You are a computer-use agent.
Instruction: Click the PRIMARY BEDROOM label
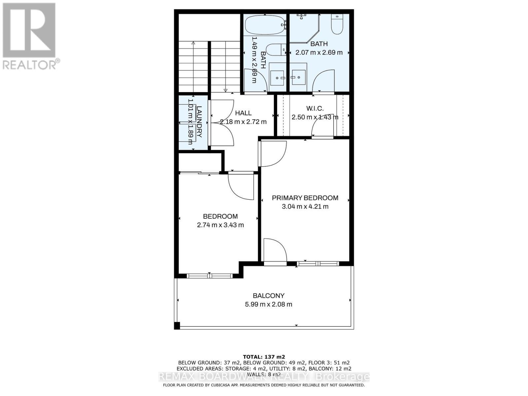coord(305,198)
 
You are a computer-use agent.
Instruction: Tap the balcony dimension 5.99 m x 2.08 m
coord(268,304)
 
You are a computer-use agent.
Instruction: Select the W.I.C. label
coord(315,108)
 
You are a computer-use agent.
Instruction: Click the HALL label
coord(243,113)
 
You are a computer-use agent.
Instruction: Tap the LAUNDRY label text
coord(199,121)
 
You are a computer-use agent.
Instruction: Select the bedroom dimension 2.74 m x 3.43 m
coord(220,225)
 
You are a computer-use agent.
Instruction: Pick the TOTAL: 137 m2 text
coord(264,357)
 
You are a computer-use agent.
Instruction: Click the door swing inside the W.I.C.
coord(323,126)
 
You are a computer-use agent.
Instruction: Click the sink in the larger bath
coord(298,77)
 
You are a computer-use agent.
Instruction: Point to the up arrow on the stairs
coord(193,43)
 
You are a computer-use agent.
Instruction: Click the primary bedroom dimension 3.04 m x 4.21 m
coord(305,207)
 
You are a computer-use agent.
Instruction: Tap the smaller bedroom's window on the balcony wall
coord(210,276)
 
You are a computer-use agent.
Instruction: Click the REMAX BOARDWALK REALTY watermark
coord(264,377)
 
